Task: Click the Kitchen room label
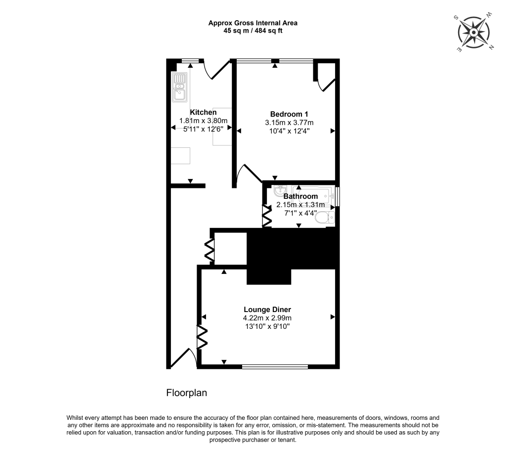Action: coord(203,112)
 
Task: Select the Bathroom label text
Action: coord(300,196)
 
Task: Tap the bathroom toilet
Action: coord(325,218)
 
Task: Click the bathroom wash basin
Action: coord(280,190)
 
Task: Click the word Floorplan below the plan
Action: coord(186,393)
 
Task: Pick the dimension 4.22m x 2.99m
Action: coord(267,318)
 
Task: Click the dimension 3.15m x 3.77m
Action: coord(289,122)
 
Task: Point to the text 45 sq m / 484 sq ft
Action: coord(253,31)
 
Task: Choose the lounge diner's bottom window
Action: coord(275,366)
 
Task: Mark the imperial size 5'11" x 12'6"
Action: coord(203,129)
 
